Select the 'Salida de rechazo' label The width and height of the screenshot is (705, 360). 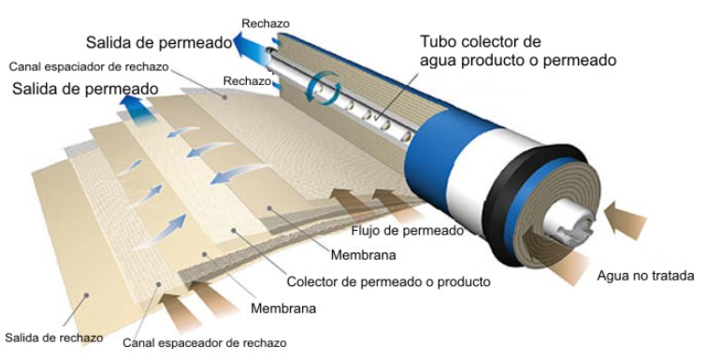52,337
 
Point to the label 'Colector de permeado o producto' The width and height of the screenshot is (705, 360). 388,281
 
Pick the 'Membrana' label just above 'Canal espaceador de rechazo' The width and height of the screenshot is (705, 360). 284,308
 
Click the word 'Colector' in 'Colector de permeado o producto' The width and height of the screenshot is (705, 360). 314,281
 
